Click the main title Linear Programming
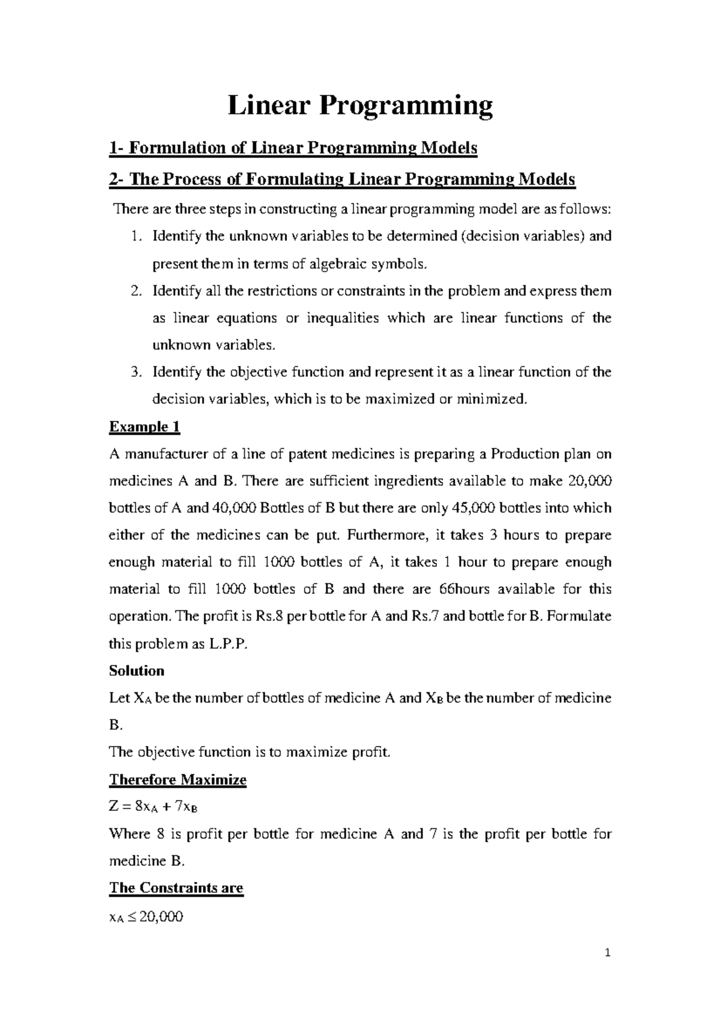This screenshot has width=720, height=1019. (360, 106)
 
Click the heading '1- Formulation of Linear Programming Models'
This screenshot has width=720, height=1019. (293, 148)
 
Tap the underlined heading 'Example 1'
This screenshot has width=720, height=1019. (144, 427)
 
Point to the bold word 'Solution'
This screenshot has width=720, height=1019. (136, 671)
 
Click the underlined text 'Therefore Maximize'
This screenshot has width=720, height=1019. (178, 780)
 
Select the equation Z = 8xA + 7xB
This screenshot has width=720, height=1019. (153, 807)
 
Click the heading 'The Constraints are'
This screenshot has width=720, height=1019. (176, 888)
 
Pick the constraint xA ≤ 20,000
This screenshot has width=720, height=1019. (146, 917)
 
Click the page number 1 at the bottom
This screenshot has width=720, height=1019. (608, 953)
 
